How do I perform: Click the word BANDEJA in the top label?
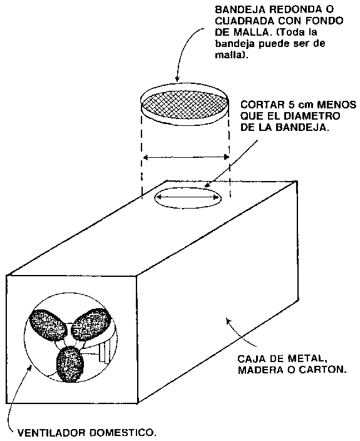(240, 9)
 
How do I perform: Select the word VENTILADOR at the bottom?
(52, 432)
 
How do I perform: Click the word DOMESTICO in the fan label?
(123, 432)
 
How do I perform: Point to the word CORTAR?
(262, 105)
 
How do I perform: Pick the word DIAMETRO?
(311, 116)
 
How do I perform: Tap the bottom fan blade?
(70, 364)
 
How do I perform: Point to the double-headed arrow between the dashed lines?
(186, 157)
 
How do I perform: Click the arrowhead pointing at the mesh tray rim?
(177, 79)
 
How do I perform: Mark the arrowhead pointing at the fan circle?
(30, 366)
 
